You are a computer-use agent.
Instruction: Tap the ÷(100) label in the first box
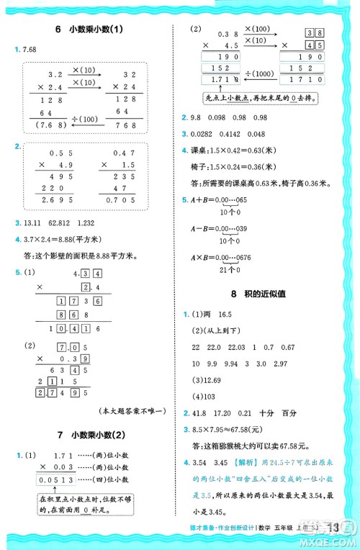coord(87,118)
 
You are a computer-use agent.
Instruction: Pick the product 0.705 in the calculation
coord(120,199)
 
